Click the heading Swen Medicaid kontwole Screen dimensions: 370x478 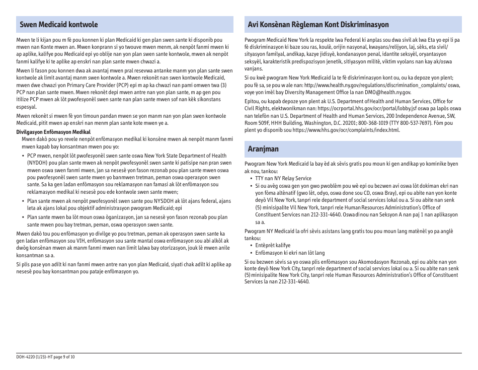pos(59,25)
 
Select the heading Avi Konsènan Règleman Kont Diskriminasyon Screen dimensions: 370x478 pos(318,25)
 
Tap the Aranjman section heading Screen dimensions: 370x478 pos(263,149)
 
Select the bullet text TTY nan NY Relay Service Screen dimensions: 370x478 pos(283,179)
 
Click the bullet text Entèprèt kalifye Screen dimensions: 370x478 pos(273,246)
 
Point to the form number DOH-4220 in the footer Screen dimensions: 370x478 pos(27,357)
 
